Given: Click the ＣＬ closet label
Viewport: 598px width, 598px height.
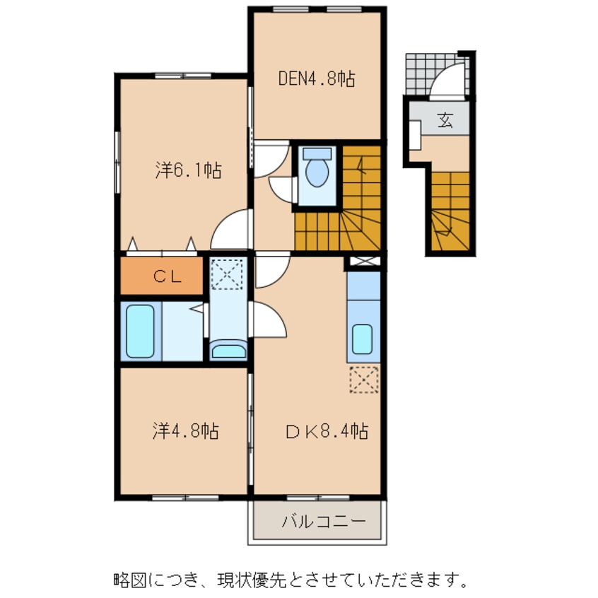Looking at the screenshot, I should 168,276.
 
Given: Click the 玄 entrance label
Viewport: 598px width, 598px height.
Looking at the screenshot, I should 445,120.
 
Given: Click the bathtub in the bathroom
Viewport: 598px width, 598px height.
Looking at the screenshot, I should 140,331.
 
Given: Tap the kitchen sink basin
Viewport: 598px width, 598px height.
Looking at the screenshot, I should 363,339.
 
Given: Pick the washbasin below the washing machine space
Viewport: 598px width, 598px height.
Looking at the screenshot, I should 228,351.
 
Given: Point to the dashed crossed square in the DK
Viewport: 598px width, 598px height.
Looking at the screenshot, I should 365,380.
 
